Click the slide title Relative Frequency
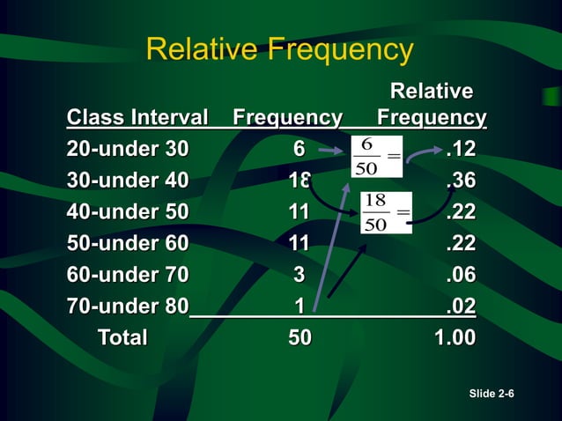(279, 49)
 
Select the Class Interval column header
(137, 117)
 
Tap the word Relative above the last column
(431, 92)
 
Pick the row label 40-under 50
(128, 211)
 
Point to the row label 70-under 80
(128, 307)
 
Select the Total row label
(122, 337)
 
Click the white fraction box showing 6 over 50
(376, 156)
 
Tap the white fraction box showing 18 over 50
(386, 212)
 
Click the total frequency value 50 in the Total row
(299, 337)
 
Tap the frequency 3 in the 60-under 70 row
(299, 275)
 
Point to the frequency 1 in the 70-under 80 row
(299, 307)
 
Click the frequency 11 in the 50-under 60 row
(299, 243)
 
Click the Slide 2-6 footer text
(492, 393)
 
